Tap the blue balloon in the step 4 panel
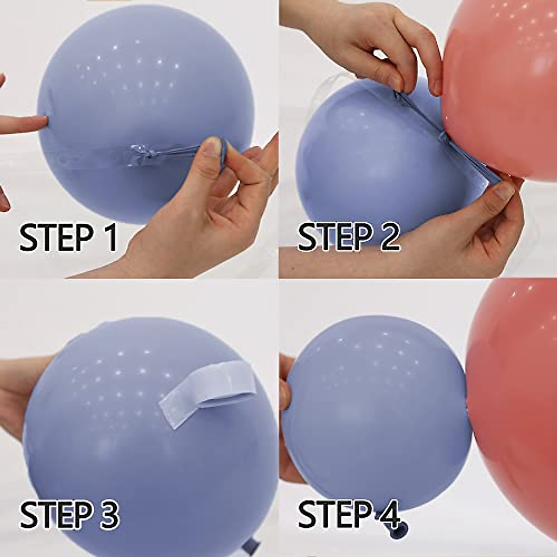click(371, 408)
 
